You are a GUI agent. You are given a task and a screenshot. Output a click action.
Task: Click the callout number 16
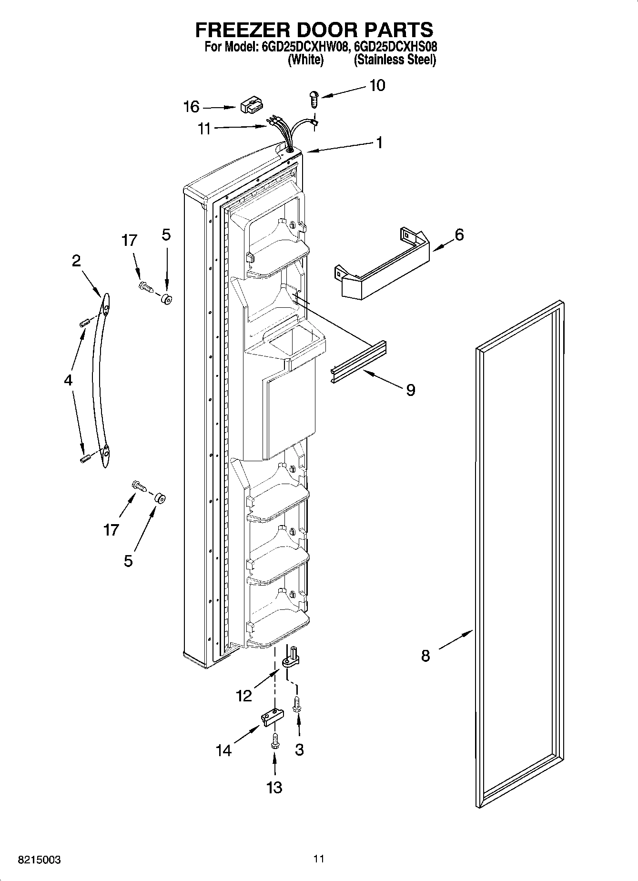192,107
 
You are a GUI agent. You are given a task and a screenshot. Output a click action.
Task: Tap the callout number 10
377,86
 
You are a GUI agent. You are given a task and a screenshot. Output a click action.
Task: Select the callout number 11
204,129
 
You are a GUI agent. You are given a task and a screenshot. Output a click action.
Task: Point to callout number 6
459,235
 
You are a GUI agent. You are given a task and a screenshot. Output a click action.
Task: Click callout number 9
410,390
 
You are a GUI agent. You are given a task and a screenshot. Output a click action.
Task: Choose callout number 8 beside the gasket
425,656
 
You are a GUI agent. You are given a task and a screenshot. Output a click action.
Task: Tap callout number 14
223,750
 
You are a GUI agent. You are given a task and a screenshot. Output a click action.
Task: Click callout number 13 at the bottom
274,787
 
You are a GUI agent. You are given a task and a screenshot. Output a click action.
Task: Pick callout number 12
243,696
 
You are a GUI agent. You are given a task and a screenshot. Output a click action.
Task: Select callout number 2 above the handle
76,261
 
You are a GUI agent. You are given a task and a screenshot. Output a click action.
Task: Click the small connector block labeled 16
251,106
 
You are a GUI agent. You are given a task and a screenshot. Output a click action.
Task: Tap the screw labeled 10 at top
314,98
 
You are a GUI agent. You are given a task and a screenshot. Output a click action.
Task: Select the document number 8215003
40,860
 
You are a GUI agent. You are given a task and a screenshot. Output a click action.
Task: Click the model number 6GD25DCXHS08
396,47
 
